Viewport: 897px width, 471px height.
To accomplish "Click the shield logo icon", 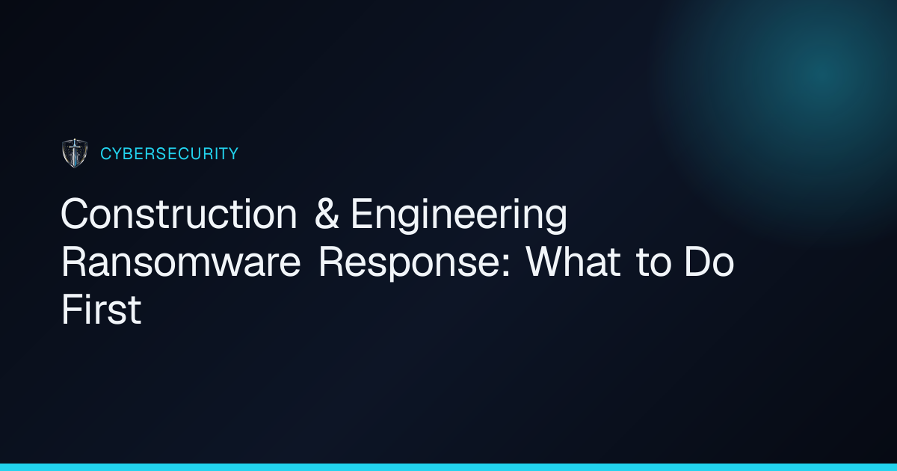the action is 75,153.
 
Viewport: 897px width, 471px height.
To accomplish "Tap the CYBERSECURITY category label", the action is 170,154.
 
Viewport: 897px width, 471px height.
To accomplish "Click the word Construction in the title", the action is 179,214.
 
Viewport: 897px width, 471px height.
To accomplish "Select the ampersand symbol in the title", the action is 327,214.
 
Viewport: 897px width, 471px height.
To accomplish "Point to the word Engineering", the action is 459,216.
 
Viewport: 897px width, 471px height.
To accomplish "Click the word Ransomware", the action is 181,262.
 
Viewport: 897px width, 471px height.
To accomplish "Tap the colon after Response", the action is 506,267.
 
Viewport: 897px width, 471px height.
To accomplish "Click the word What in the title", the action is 573,262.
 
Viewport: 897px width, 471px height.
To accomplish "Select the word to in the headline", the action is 653,263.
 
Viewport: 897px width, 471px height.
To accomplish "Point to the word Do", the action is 709,262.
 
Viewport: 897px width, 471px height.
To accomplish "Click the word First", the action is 102,310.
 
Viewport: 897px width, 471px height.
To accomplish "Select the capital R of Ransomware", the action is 74,262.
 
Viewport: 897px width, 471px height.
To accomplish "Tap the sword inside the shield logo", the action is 75,153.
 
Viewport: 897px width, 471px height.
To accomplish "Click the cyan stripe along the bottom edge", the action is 449,467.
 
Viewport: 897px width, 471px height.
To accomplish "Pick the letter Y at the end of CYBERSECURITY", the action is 232,154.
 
